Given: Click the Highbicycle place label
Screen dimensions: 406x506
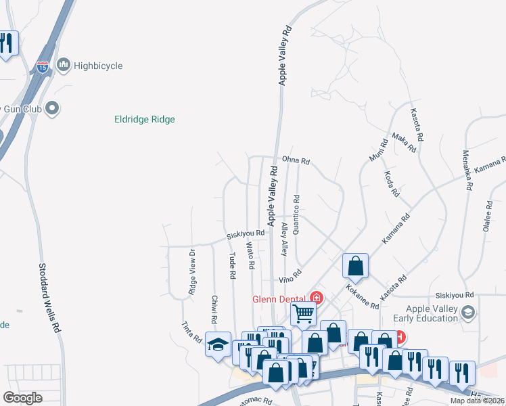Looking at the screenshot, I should coord(98,66).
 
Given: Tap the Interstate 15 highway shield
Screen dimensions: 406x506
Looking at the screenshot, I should coord(43,66).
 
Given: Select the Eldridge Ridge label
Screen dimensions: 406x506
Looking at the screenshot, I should coord(145,120).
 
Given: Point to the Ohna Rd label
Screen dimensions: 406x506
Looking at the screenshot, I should coord(296,161).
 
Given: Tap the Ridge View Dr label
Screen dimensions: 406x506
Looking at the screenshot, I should coord(193,272).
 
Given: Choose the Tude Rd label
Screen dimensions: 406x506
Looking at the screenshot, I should coord(232,266).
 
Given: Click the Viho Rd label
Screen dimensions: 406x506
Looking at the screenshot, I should coord(289,279).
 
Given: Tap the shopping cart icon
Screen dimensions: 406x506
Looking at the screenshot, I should coord(304,313).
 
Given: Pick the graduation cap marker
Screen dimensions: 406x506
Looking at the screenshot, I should coord(218,344).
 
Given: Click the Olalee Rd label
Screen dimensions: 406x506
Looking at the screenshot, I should coord(487,216).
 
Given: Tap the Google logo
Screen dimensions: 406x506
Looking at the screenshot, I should coord(22,398).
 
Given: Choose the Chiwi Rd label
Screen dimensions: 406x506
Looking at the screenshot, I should coord(214,309).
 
